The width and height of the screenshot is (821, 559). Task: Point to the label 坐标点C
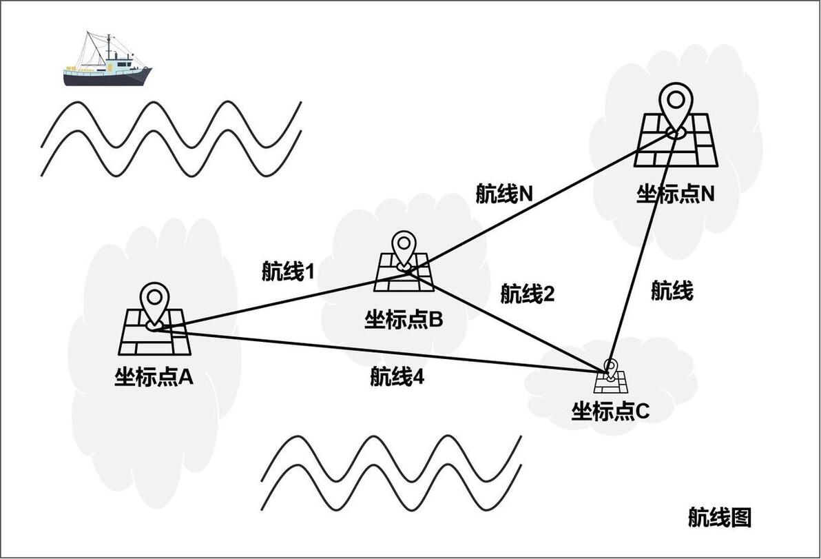point(610,411)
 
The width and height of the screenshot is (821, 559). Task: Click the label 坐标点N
point(675,194)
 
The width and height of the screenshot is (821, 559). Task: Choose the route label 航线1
point(288,272)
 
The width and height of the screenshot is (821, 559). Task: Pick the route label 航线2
point(528,294)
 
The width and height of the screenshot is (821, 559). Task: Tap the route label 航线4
point(397,376)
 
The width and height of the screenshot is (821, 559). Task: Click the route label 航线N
point(504,194)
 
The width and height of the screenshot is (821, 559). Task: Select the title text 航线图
point(719,516)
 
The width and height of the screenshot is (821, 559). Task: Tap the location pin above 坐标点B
point(404,248)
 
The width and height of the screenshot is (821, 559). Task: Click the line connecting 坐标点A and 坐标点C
point(379,352)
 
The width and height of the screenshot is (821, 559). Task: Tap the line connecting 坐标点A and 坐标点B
point(276,301)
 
